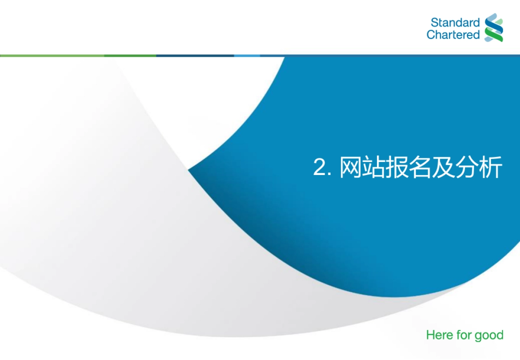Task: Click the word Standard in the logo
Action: click(455, 23)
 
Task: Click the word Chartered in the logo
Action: click(453, 35)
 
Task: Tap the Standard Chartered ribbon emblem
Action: click(494, 28)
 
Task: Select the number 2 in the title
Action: click(319, 167)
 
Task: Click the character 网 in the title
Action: click(350, 167)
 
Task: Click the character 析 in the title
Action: click(491, 167)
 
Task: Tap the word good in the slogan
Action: click(489, 336)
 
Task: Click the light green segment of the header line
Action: click(52, 55)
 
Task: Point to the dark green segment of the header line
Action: click(130, 55)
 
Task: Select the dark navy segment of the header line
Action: click(195, 55)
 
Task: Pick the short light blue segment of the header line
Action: click(247, 55)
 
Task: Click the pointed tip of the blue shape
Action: click(189, 170)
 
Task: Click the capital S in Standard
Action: click(434, 23)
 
